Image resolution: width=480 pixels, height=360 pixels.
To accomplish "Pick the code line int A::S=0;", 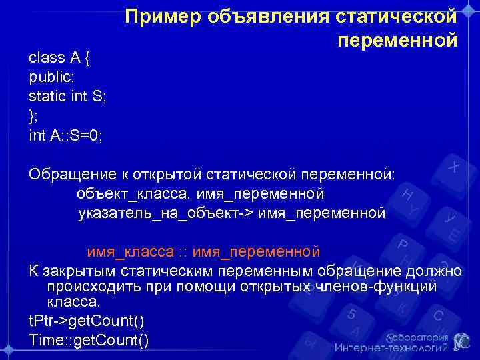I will point(66,135).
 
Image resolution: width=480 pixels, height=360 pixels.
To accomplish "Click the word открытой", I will point(170,174).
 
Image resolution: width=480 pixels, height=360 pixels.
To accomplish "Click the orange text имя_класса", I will point(130,253).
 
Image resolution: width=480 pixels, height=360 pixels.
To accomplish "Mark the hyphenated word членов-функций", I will point(374,287).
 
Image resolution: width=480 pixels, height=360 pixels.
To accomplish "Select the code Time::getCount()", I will point(89,341).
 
